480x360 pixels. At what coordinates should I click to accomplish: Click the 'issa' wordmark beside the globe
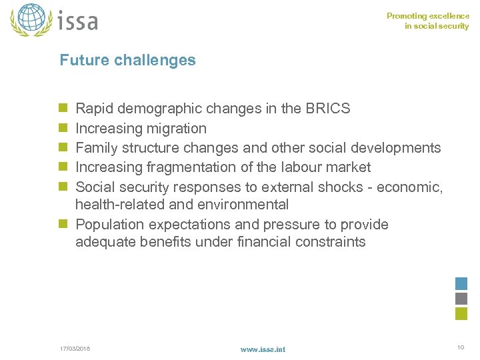pyautogui.click(x=78, y=21)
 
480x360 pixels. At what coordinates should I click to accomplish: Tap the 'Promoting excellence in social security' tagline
pyautogui.click(x=428, y=21)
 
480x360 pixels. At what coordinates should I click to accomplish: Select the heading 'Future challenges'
pyautogui.click(x=127, y=60)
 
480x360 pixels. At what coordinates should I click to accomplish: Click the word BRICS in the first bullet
pyautogui.click(x=327, y=109)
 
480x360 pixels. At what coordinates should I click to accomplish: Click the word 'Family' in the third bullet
pyautogui.click(x=98, y=147)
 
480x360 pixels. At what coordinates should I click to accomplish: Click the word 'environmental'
pyautogui.click(x=241, y=204)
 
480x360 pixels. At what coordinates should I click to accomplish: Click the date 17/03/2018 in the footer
pyautogui.click(x=75, y=349)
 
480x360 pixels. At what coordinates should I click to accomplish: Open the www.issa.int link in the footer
pyautogui.click(x=263, y=349)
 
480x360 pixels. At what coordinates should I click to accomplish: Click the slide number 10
pyautogui.click(x=460, y=347)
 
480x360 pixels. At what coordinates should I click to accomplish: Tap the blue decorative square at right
pyautogui.click(x=461, y=283)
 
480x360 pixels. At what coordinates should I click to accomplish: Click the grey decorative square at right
pyautogui.click(x=461, y=299)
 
